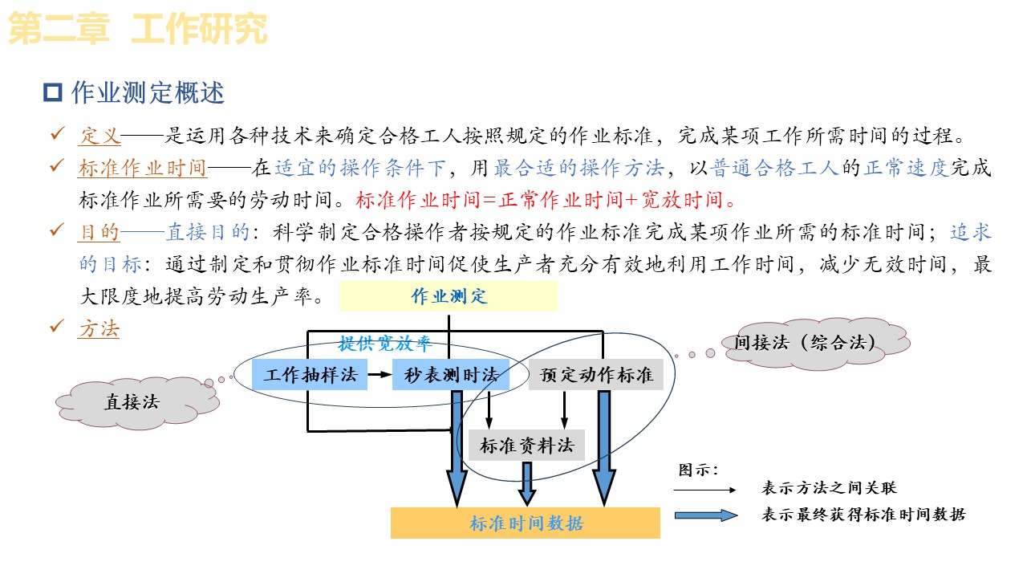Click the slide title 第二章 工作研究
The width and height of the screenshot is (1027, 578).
pos(137,30)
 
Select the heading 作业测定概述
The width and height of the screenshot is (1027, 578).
pos(148,93)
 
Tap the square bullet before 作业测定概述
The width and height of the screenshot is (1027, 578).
pos(53,93)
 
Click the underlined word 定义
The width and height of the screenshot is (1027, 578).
pos(100,136)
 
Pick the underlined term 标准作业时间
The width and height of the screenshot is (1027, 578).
pos(142,168)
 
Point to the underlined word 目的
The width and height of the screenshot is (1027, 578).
pos(99,232)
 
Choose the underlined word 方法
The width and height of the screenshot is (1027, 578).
pos(99,328)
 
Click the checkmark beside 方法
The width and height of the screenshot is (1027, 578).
pos(57,326)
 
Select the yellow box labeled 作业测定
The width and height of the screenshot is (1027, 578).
pos(448,296)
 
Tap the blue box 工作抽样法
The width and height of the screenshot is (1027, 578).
pos(311,375)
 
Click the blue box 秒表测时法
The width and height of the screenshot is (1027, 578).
pos(451,375)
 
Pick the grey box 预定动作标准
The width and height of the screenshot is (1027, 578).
pos(596,375)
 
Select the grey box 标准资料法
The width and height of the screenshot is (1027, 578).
pos(526,445)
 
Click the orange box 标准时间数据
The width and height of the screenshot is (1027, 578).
pos(526,524)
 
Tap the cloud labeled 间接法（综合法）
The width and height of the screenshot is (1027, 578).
pos(804,343)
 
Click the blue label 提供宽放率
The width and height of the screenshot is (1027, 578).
pos(385,344)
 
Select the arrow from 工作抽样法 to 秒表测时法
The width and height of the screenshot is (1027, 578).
pos(380,375)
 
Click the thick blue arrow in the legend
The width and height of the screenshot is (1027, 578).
pos(705,515)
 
